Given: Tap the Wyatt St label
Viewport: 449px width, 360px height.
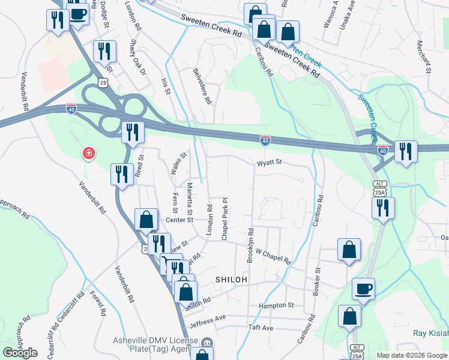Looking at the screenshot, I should pos(270,163).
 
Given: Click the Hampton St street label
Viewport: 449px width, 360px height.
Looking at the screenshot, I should pos(276,305).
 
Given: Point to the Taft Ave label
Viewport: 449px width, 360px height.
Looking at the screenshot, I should pos(261,328).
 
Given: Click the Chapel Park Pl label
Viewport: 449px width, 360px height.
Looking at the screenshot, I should pos(224,218).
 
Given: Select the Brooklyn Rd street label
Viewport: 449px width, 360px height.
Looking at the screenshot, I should pos(250,245).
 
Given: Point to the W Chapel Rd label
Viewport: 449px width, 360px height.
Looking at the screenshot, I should pos(273,257).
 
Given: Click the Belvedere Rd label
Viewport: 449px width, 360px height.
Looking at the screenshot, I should pos(203,86).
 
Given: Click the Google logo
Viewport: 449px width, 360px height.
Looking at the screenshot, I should pos(20,353).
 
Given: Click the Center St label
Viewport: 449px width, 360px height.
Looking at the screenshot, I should pos(179,220).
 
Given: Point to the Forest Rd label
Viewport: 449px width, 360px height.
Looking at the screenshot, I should pos(98,304).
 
